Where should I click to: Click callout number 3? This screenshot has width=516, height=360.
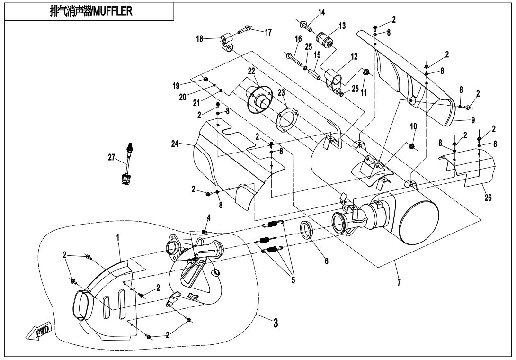click(275, 324)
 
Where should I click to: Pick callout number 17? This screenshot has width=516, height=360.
click(268, 33)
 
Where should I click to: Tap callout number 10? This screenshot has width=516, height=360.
click(413, 126)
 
